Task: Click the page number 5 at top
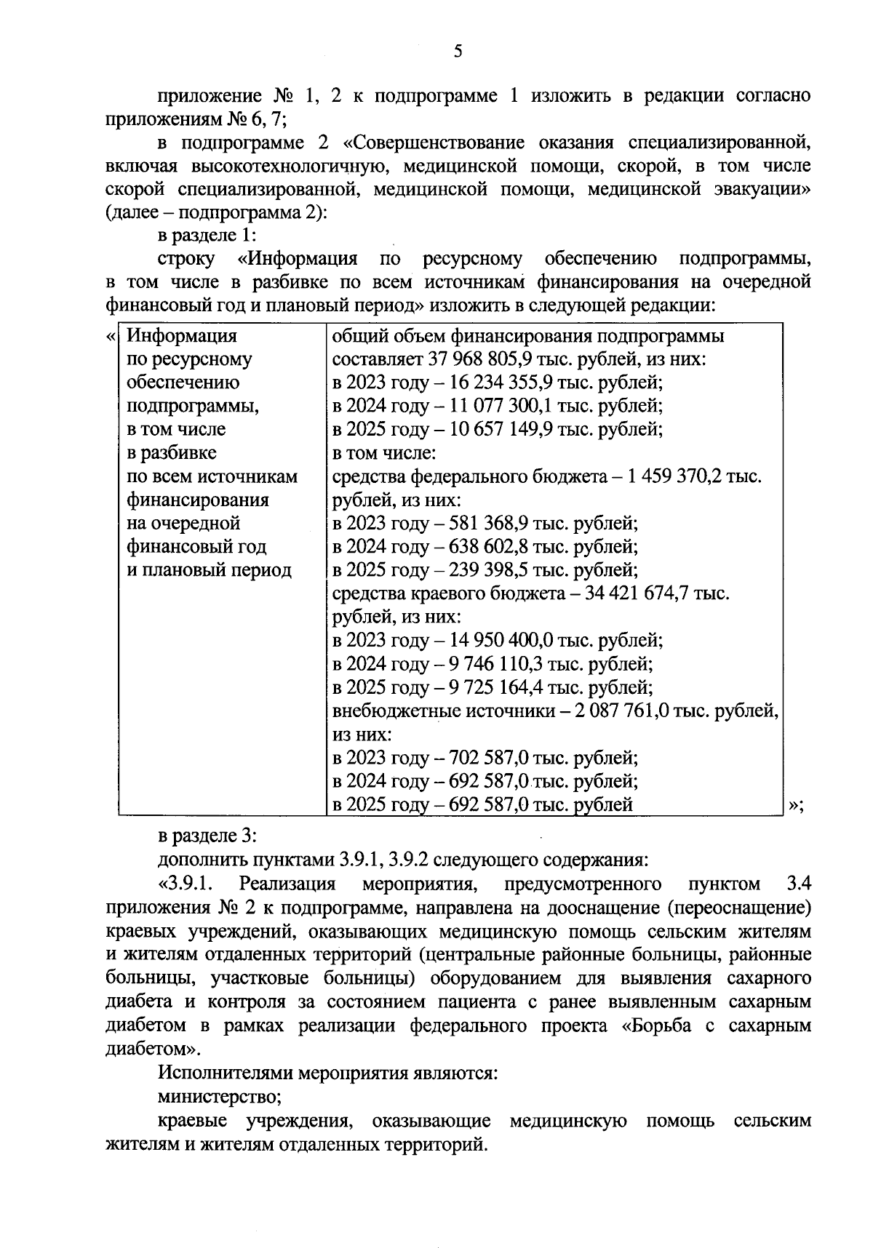click(x=458, y=51)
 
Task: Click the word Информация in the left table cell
click(x=182, y=336)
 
